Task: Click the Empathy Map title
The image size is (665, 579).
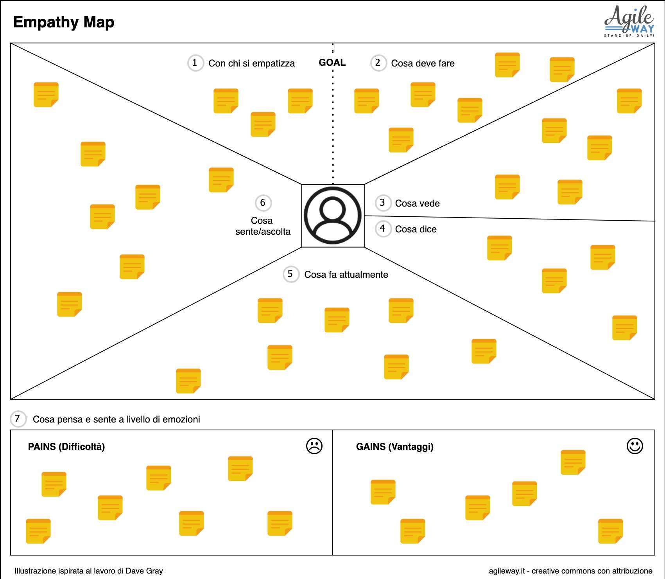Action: (x=64, y=22)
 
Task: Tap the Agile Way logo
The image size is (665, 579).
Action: (x=629, y=21)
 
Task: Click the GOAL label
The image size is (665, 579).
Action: (x=332, y=63)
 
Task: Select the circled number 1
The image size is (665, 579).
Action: (x=195, y=63)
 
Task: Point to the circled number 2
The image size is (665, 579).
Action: (x=378, y=63)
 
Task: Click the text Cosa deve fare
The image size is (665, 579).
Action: (x=423, y=63)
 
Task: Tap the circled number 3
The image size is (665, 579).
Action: (x=383, y=203)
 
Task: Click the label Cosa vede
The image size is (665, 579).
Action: (x=417, y=203)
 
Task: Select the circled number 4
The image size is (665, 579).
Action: (x=383, y=228)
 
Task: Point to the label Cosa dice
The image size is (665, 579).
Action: (x=416, y=229)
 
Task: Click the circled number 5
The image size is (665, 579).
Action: (x=290, y=274)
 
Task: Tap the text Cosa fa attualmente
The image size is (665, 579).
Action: (x=346, y=275)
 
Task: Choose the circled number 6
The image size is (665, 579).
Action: (x=263, y=203)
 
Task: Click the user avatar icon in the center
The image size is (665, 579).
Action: (x=333, y=216)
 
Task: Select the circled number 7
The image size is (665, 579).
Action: (x=18, y=419)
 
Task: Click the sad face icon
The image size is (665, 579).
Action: (x=314, y=446)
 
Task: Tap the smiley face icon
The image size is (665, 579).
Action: (x=635, y=446)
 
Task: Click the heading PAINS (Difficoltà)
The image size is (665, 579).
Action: (x=66, y=447)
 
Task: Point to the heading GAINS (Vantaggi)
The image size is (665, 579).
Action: (x=394, y=447)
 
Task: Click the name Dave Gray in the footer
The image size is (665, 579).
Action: (x=144, y=571)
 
